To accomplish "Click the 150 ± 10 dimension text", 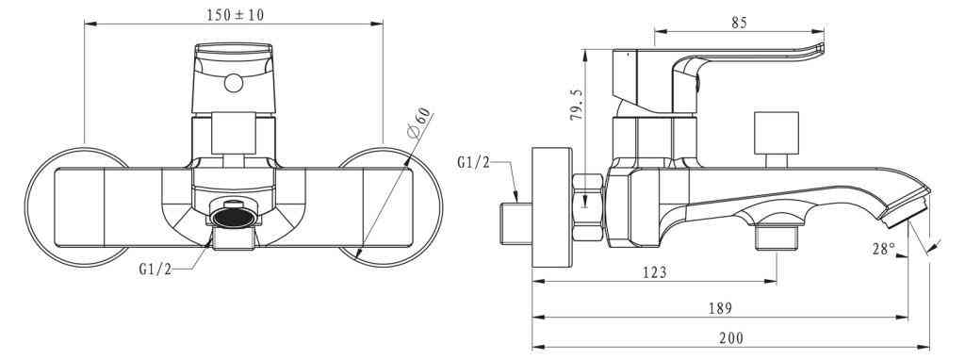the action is pyautogui.click(x=235, y=15).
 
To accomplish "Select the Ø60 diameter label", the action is pyautogui.click(x=417, y=123).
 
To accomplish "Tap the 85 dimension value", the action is pyautogui.click(x=739, y=23).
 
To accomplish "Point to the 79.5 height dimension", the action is pyautogui.click(x=576, y=105).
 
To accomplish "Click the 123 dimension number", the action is pyautogui.click(x=654, y=272).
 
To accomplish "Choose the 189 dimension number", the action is pyautogui.click(x=720, y=308).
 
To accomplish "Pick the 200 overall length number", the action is pyautogui.click(x=730, y=337).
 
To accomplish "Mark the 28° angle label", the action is pyautogui.click(x=883, y=249).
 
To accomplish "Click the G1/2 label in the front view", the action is pyautogui.click(x=155, y=269).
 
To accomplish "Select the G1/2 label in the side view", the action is pyautogui.click(x=474, y=162).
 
